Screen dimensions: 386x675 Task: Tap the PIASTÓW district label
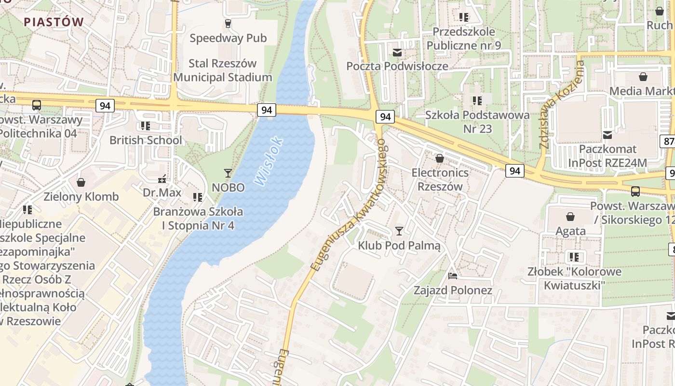tap(54, 22)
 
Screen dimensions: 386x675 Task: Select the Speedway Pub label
tap(228, 38)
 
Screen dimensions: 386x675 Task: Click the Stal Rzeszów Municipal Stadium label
tap(223, 70)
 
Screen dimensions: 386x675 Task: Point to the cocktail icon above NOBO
tap(228, 173)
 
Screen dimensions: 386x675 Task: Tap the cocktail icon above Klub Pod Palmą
tap(399, 231)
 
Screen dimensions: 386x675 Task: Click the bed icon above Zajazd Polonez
tap(453, 276)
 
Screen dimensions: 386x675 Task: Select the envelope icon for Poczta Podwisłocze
tap(397, 52)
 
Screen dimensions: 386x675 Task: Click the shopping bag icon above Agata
tap(570, 217)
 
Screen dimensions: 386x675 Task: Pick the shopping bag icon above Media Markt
tap(643, 77)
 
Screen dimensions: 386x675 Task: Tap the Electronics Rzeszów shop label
tap(439, 179)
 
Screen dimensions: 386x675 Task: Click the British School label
tap(146, 140)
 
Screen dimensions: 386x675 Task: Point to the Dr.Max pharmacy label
tap(162, 193)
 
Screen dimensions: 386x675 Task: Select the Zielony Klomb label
tap(81, 197)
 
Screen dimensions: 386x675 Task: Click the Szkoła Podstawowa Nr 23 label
tap(477, 122)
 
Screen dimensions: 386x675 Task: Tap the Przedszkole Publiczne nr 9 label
tap(463, 39)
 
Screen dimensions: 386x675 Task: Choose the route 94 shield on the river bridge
tap(266, 110)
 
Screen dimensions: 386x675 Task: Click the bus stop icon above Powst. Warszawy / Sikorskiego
tap(635, 192)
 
